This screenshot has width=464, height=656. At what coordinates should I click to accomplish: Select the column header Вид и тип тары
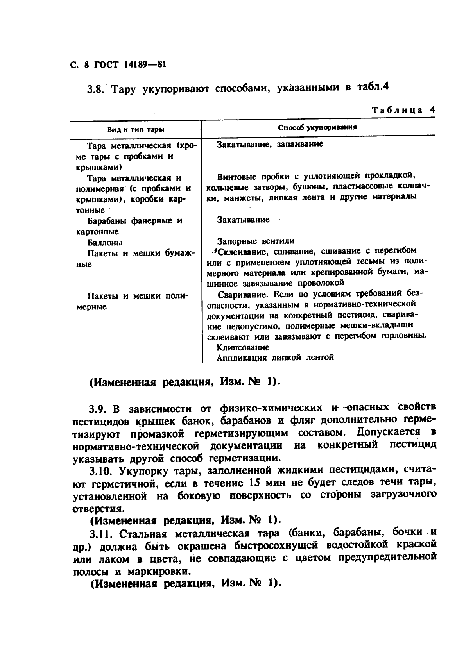click(x=136, y=129)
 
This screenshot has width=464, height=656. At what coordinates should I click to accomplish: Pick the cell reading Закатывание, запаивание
click(x=270, y=144)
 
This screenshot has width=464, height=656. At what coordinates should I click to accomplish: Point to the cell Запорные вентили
click(x=256, y=241)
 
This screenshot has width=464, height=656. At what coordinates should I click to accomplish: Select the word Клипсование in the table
click(x=243, y=347)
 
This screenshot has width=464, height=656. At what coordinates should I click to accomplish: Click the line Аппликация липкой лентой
click(x=275, y=357)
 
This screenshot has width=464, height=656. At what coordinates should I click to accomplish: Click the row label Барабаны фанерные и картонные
click(x=129, y=226)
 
